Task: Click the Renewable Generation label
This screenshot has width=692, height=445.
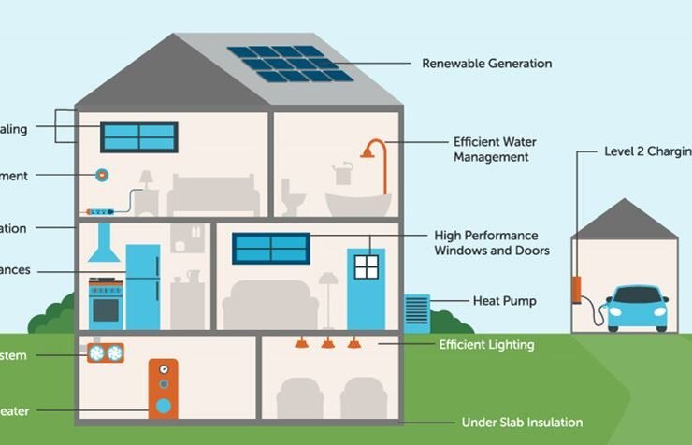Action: [486, 64]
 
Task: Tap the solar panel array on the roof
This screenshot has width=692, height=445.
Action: [290, 64]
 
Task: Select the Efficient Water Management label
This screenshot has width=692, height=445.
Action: [495, 150]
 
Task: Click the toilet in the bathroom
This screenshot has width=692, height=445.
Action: [296, 197]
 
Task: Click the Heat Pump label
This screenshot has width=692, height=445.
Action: [505, 301]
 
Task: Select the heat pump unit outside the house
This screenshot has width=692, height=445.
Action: [416, 310]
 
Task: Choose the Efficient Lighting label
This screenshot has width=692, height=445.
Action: [486, 345]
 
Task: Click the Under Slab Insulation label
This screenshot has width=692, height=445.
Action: [522, 423]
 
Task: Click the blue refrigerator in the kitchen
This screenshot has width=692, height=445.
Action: [142, 286]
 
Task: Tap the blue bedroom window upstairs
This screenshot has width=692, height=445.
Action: [139, 136]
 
